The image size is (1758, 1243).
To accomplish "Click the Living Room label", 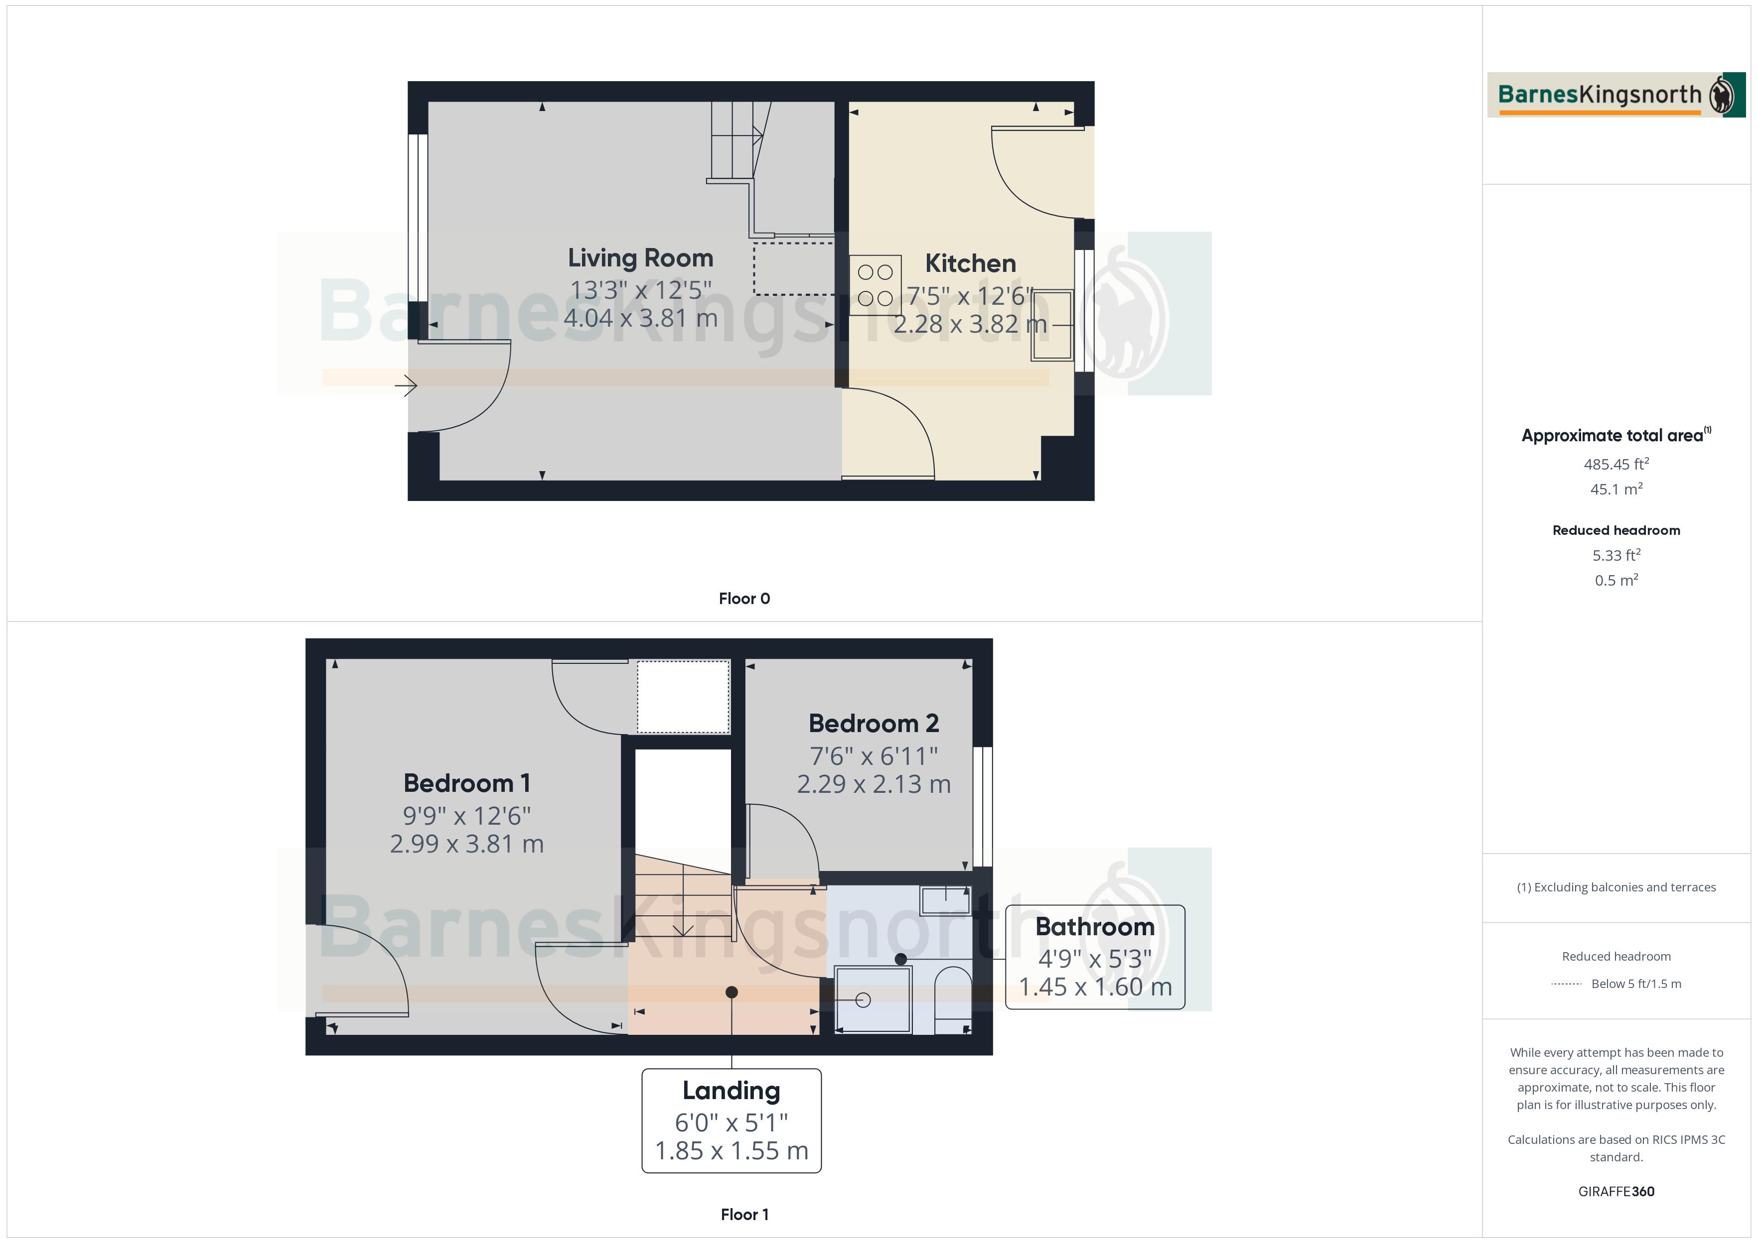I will pyautogui.click(x=640, y=258).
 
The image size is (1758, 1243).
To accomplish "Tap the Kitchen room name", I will pyautogui.click(x=970, y=263).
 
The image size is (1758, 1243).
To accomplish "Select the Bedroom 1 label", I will pyautogui.click(x=466, y=783).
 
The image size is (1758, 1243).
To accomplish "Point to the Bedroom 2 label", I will pyautogui.click(x=873, y=723).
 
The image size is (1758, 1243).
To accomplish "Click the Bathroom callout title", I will pyautogui.click(x=1094, y=926).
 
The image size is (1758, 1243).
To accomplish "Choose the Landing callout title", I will pyautogui.click(x=731, y=1090).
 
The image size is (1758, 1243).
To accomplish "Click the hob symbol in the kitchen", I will pyautogui.click(x=875, y=285).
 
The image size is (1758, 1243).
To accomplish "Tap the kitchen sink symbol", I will pyautogui.click(x=1052, y=325).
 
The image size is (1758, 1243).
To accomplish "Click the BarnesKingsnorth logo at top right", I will pyautogui.click(x=1615, y=95).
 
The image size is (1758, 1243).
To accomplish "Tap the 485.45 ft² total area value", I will pyautogui.click(x=1615, y=464).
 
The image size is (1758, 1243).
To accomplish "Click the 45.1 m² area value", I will pyautogui.click(x=1615, y=489).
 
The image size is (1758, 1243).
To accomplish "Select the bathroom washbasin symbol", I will pyautogui.click(x=946, y=900).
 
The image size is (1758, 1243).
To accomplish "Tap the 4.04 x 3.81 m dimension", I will pyautogui.click(x=640, y=318).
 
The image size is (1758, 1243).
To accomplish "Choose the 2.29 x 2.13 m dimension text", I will pyautogui.click(x=873, y=784).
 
